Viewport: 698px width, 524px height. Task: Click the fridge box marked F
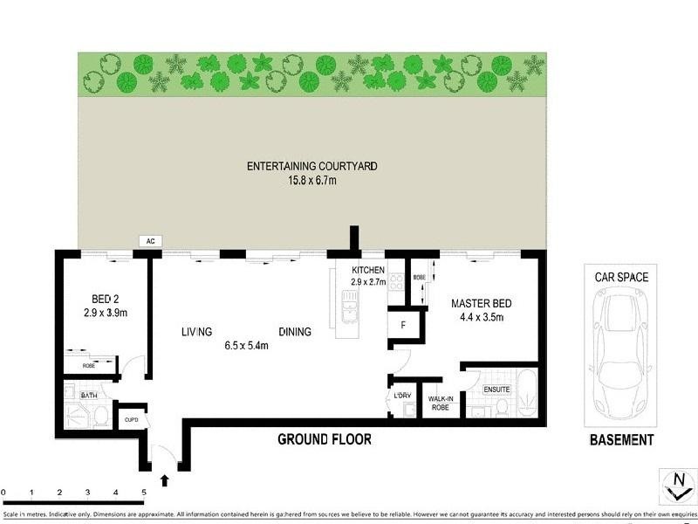coord(402,325)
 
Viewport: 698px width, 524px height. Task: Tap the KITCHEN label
coord(367,270)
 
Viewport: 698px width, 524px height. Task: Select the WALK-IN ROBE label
coord(438,402)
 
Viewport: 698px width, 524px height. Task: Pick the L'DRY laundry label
coord(402,396)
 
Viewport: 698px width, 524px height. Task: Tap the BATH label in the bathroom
coord(89,396)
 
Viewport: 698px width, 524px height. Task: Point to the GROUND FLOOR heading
coord(324,439)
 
